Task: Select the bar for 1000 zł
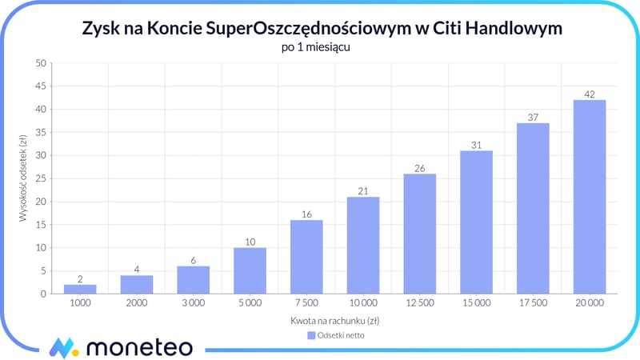[x=80, y=289]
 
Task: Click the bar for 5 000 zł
[x=250, y=270]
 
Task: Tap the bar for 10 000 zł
[x=363, y=245]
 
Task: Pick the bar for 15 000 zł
[x=477, y=222]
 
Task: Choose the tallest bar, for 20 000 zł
[x=590, y=197]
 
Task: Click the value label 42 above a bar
[x=590, y=94]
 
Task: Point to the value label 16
[x=306, y=214]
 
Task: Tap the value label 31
[x=477, y=145]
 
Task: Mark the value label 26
[x=420, y=168]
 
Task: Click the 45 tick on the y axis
[x=39, y=86]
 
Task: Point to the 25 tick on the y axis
[x=39, y=178]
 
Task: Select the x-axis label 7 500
[x=306, y=303]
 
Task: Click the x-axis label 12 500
[x=420, y=303]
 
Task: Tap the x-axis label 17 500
[x=533, y=303]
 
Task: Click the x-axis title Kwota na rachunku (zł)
[x=335, y=320]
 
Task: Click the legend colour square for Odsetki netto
[x=311, y=335]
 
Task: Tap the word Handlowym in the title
[x=517, y=28]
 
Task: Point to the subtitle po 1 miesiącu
[x=319, y=47]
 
